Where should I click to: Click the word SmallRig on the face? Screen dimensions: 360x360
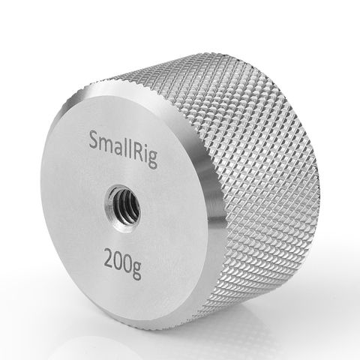click(x=123, y=148)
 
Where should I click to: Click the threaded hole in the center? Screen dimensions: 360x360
click(x=122, y=206)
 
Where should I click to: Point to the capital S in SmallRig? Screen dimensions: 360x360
click(x=94, y=141)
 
